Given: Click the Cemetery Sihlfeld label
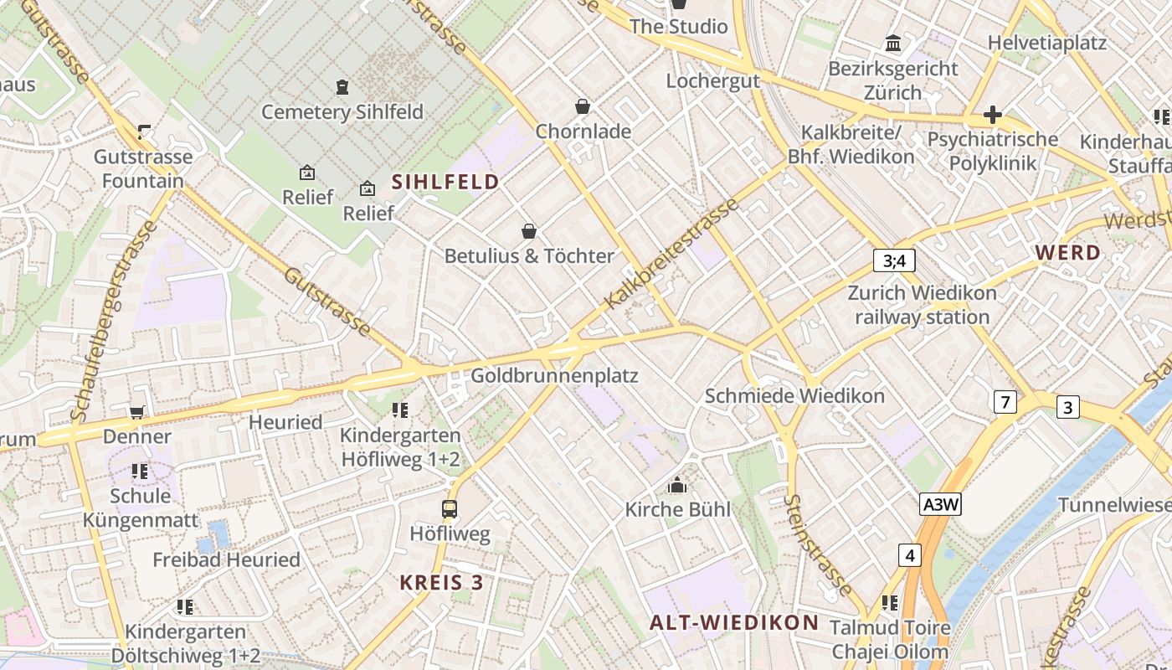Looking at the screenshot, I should point(342,111).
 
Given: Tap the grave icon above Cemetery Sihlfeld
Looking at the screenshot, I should point(342,87).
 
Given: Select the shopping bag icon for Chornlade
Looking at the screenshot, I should point(583,107).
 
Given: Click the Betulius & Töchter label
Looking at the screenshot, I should point(529,255).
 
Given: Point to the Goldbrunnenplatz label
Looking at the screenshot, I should point(554,376).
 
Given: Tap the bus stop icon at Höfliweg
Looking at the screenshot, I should point(450,508).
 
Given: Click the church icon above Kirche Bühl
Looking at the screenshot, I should point(677,485).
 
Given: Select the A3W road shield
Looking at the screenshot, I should point(940,504).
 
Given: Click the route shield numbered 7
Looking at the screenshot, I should point(1005,402).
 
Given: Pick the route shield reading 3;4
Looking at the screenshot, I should point(894,260).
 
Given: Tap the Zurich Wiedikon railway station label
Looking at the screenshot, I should point(922,305).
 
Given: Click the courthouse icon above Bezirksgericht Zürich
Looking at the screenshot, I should point(893,44).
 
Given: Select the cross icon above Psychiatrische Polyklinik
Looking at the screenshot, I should point(993,115).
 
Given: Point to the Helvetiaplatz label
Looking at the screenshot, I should point(1046,43).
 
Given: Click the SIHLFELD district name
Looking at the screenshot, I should point(445,182).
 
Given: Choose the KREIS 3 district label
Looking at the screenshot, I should point(441,582).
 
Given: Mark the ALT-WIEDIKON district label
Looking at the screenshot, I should point(733,622).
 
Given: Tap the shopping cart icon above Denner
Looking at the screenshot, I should point(136,412).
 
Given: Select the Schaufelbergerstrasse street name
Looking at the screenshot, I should point(114,321).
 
